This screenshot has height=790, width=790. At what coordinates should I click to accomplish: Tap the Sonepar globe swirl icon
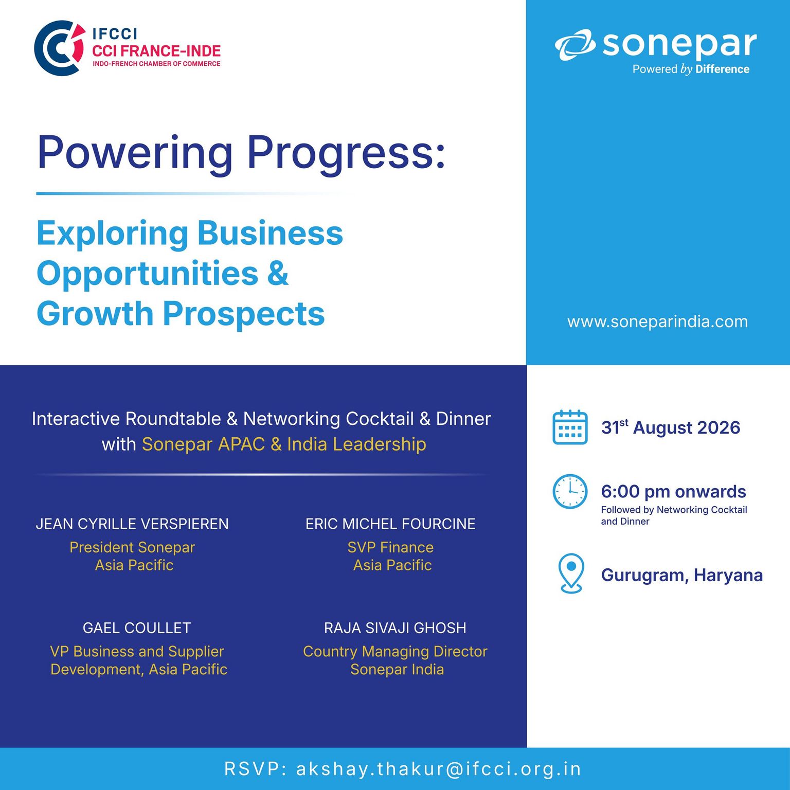pyautogui.click(x=575, y=45)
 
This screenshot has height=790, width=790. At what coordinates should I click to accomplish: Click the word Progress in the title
pyautogui.click(x=346, y=152)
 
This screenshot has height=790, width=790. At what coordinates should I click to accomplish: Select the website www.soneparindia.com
pyautogui.click(x=657, y=321)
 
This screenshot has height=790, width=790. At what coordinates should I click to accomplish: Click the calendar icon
pyautogui.click(x=570, y=427)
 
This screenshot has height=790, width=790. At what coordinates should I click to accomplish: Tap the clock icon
pyautogui.click(x=570, y=492)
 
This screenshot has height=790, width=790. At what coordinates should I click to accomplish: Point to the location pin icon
pyautogui.click(x=571, y=573)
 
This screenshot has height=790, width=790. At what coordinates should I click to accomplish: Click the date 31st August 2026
pyautogui.click(x=671, y=427)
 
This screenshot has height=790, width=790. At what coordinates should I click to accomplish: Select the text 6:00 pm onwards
pyautogui.click(x=673, y=492)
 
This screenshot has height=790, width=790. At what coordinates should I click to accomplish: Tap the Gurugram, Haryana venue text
pyautogui.click(x=682, y=575)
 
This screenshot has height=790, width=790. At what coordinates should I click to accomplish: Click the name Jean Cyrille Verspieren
pyautogui.click(x=132, y=524)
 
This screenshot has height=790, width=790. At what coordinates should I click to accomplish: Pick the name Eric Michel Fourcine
pyautogui.click(x=390, y=524)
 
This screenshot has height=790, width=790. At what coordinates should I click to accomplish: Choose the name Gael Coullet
pyautogui.click(x=137, y=628)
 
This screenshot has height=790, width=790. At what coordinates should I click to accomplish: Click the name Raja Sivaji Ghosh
pyautogui.click(x=395, y=628)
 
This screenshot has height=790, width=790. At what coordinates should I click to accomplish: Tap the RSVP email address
pyautogui.click(x=439, y=769)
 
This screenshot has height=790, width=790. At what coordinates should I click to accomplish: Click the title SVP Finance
pyautogui.click(x=390, y=547)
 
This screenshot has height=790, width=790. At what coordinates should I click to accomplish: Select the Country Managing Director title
pyautogui.click(x=395, y=652)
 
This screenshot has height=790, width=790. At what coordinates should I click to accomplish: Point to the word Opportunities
pyautogui.click(x=148, y=274)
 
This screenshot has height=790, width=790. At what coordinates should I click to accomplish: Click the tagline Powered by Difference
pyautogui.click(x=691, y=69)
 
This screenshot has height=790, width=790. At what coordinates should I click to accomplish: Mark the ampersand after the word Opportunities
pyautogui.click(x=278, y=273)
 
